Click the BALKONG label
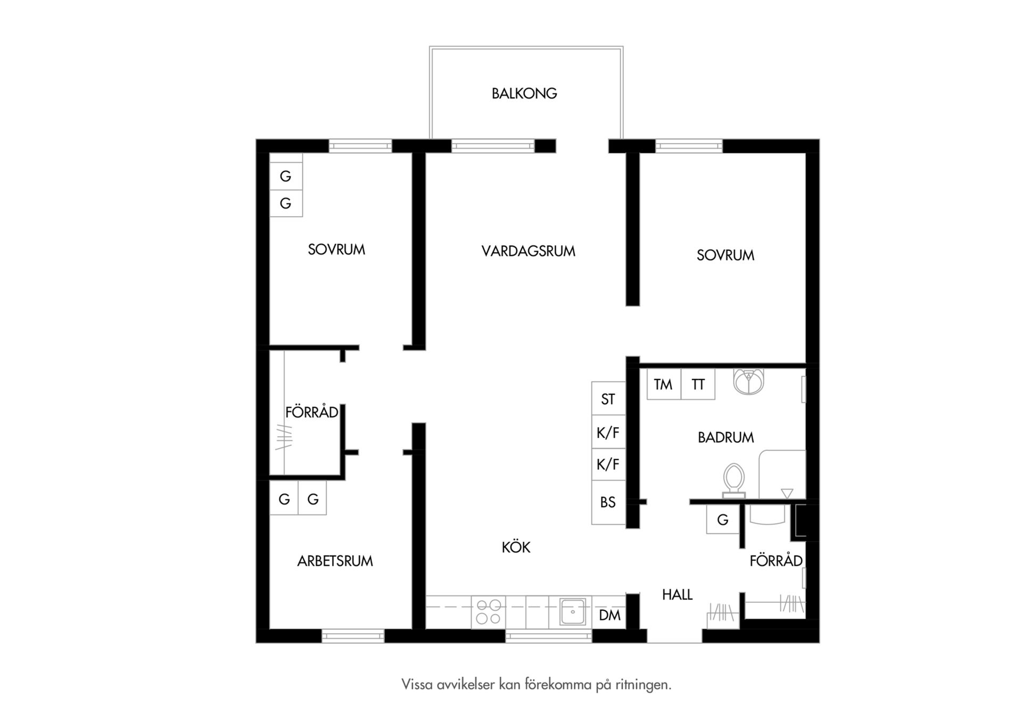524,94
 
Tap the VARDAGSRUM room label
528,251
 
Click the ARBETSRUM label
335,561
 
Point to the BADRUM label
726,437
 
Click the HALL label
677,594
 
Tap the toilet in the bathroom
733,480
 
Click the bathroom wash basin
748,381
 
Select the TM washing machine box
664,384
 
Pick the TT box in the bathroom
698,384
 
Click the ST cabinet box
608,399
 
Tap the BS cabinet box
608,502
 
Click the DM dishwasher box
609,616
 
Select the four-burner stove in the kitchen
489,612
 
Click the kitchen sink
573,612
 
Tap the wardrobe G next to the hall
723,519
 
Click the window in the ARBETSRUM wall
353,636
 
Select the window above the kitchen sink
549,636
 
